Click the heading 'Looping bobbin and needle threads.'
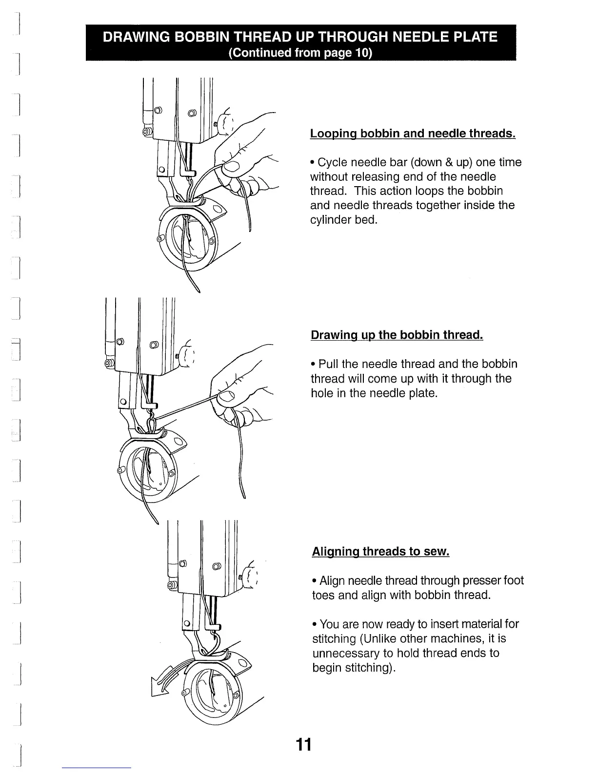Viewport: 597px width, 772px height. click(413, 134)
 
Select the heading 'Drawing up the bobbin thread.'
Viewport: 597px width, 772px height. click(397, 335)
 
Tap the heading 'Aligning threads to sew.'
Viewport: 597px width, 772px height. click(380, 552)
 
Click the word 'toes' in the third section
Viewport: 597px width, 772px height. click(322, 596)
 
